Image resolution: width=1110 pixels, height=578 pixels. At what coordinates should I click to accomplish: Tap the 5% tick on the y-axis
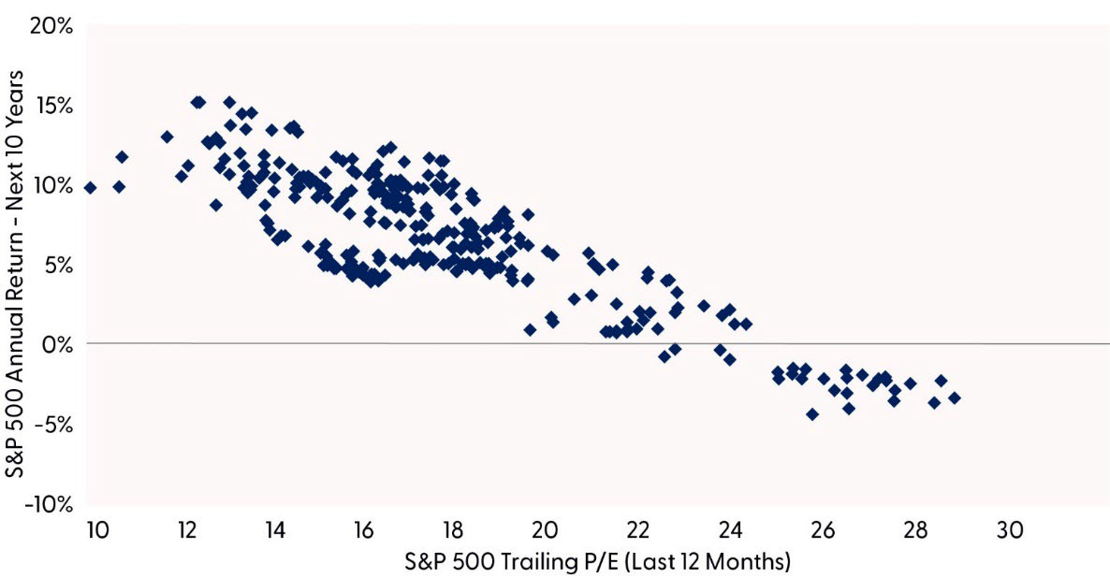click(59, 265)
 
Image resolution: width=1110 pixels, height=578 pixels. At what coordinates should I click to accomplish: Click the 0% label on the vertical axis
click(59, 344)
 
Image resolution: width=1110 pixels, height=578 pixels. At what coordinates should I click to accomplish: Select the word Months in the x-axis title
click(752, 563)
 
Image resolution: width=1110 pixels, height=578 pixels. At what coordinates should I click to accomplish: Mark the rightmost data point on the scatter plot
click(955, 397)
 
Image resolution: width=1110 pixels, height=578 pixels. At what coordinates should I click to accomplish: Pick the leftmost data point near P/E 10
click(90, 187)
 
